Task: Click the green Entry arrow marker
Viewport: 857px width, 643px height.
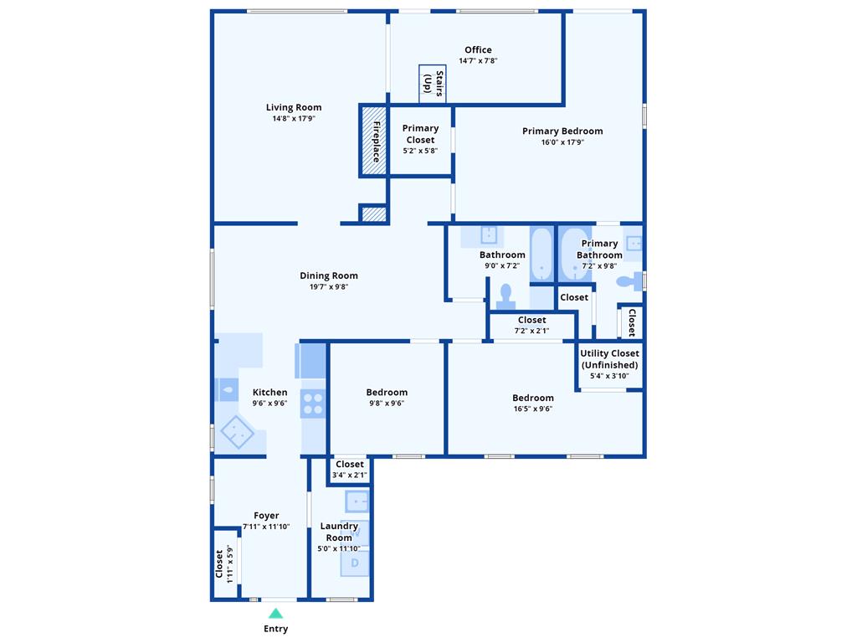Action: [x=276, y=614]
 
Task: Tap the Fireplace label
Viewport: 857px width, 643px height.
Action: [x=376, y=141]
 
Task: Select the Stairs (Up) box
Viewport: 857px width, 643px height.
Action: [x=433, y=84]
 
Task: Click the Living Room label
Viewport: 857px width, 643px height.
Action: [x=294, y=107]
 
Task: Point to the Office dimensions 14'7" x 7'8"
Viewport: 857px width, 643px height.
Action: [x=478, y=60]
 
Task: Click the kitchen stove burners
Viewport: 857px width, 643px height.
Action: [x=313, y=404]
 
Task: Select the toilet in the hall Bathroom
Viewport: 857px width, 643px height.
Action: [x=505, y=296]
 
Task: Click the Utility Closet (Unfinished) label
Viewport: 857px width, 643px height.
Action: [x=609, y=358]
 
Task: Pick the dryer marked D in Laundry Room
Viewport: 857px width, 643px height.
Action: [x=355, y=563]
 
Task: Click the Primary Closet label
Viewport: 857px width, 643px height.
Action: [x=420, y=134]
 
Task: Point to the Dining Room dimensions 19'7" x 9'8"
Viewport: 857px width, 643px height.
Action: [x=328, y=286]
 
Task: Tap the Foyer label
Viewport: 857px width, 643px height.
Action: [x=266, y=516]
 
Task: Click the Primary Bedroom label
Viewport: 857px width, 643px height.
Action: [x=562, y=131]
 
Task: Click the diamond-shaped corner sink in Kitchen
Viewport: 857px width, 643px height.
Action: [x=237, y=432]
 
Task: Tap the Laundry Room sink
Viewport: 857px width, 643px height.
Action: [x=357, y=501]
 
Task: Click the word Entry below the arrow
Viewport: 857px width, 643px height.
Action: [x=276, y=629]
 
